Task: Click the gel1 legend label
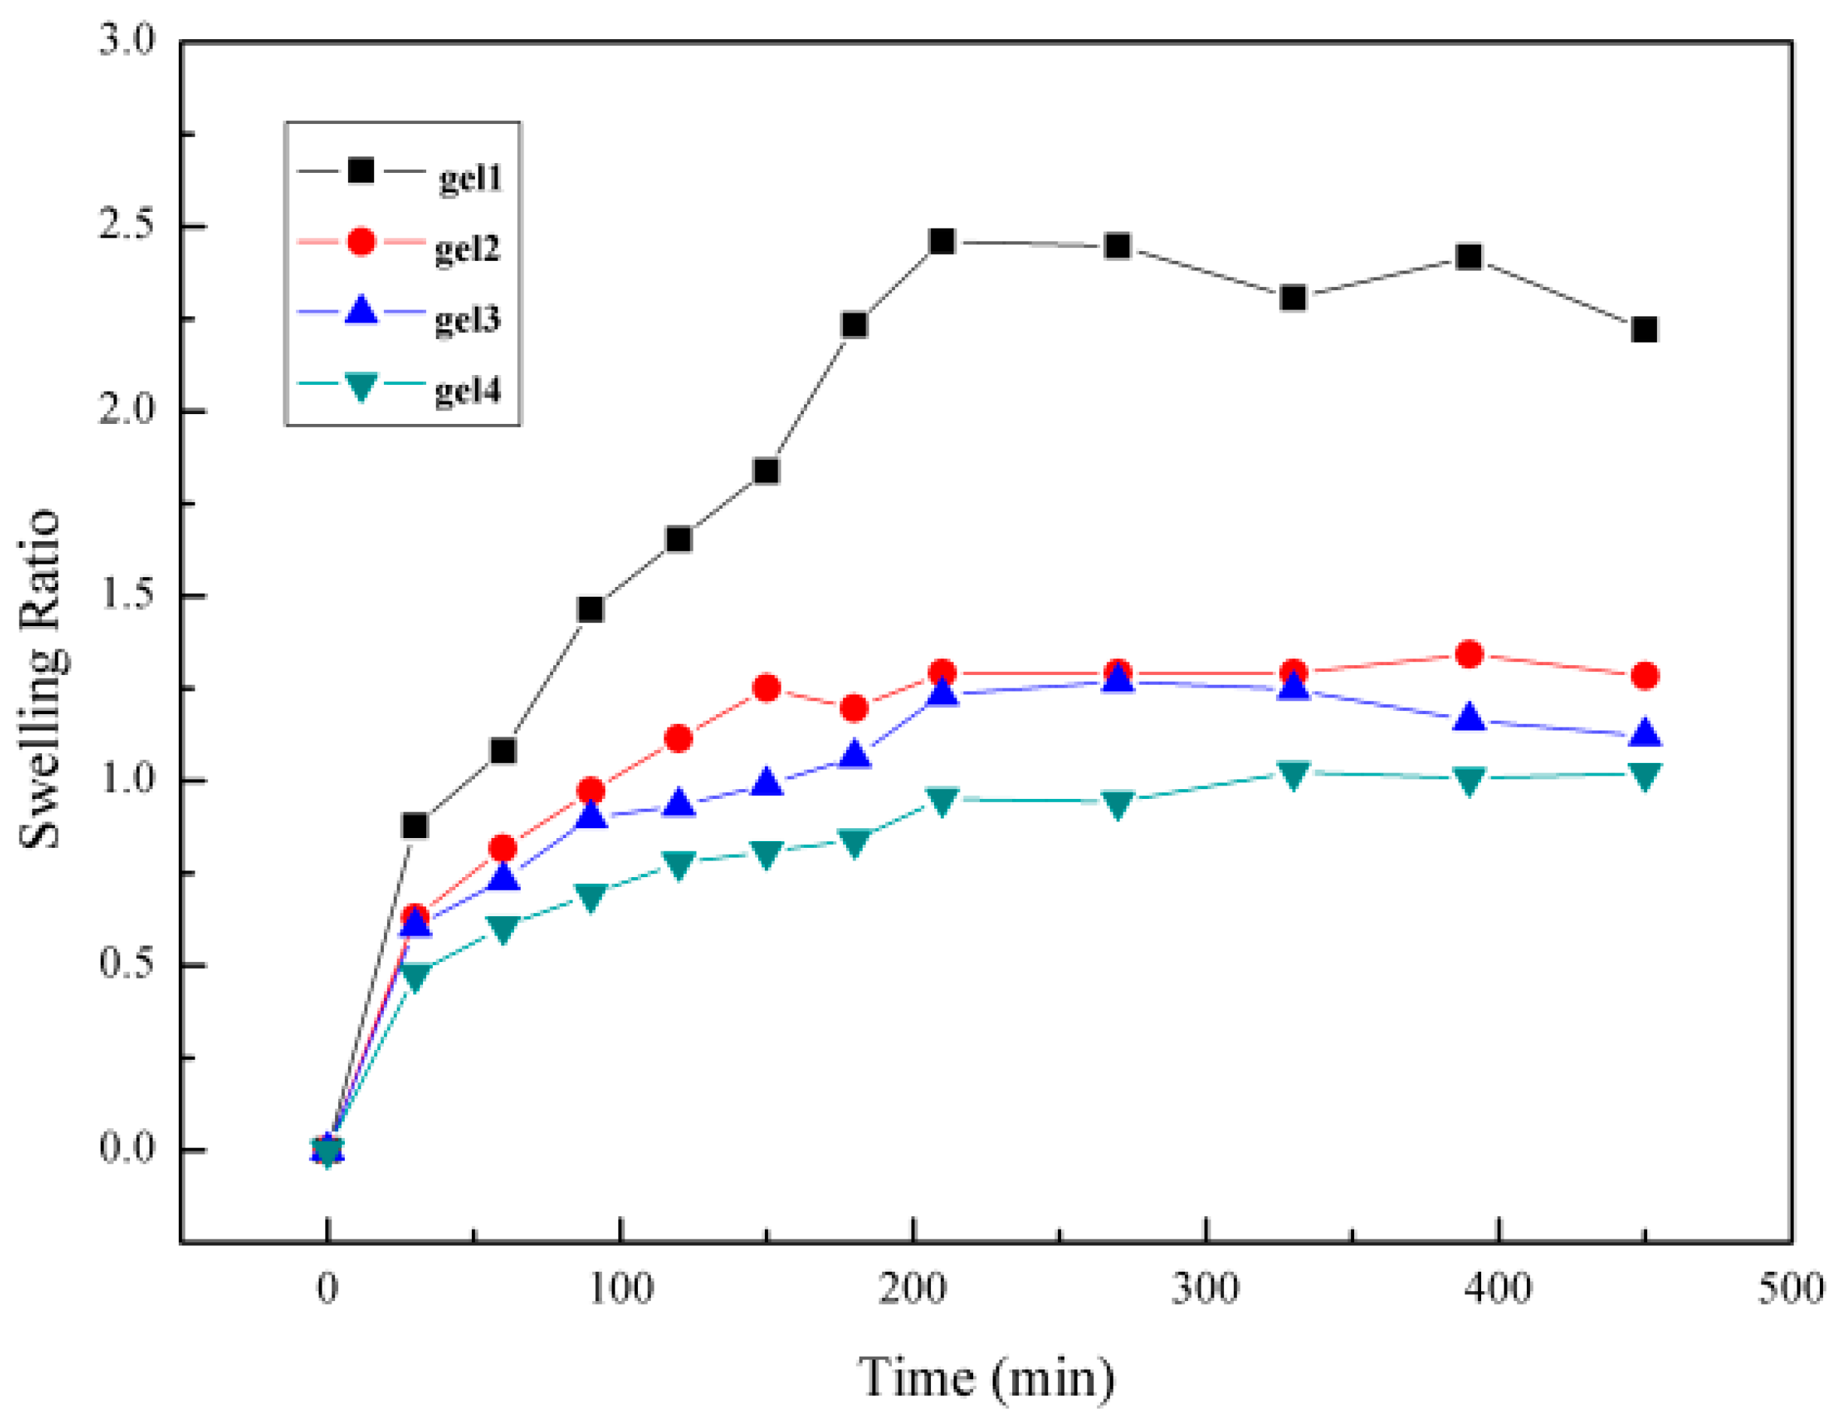[470, 177]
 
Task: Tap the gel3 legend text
[467, 320]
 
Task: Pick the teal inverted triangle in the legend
[361, 386]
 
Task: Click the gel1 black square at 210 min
[942, 241]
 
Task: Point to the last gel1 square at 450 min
[1644, 328]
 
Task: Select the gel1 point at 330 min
[1292, 298]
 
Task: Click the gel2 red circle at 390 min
[1469, 654]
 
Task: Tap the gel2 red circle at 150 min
[766, 688]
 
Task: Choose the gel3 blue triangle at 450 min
[1644, 733]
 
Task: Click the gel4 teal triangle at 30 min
[415, 976]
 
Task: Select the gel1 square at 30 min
[415, 825]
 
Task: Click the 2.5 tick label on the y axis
[127, 226]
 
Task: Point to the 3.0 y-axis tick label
[127, 41]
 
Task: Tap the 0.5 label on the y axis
[127, 966]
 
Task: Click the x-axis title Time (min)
[986, 1377]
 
